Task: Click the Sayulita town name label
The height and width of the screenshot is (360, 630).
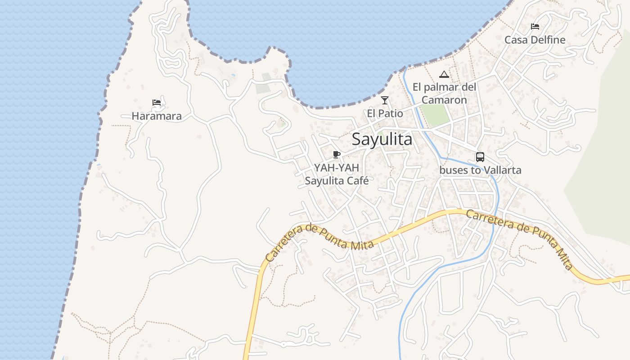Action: coord(382,139)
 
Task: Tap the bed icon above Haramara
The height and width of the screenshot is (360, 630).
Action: coord(157,103)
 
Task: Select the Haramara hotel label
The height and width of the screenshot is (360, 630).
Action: coord(157,116)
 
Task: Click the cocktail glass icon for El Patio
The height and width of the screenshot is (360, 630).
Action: coord(384,100)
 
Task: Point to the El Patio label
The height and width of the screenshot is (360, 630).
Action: coord(385,113)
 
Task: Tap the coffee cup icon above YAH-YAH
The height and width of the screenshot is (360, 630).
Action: coord(336,155)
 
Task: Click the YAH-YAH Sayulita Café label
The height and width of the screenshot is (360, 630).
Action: coord(337,174)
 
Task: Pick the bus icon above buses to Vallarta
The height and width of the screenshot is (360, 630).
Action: coord(480,157)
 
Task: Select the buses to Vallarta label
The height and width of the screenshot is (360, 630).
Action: coord(480,170)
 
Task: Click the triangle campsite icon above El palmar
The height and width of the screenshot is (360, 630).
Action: coord(444,74)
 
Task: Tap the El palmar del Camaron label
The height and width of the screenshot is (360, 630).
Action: coord(444,93)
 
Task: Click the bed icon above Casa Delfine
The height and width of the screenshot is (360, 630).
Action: coord(535,27)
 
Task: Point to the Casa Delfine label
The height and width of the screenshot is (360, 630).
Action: coord(535,40)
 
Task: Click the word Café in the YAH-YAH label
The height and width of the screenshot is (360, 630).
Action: coord(358,180)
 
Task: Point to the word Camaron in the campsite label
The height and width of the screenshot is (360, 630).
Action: coord(444,99)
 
